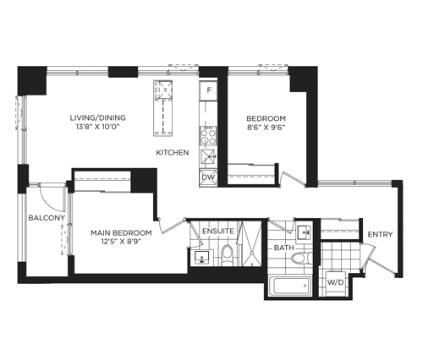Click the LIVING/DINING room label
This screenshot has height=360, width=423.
(97, 117)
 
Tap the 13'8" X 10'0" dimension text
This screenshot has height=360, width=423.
(98, 127)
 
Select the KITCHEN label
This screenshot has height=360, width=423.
(173, 152)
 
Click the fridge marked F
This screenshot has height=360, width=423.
(208, 90)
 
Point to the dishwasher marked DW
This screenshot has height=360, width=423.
(208, 177)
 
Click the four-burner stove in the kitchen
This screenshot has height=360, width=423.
(208, 135)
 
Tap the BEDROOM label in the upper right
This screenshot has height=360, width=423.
(266, 118)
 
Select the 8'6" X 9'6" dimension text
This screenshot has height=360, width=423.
(266, 128)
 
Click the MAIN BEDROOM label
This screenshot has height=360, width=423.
(121, 233)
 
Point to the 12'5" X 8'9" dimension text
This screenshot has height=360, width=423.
(121, 242)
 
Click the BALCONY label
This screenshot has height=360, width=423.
(47, 218)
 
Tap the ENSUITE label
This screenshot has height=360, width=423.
(218, 232)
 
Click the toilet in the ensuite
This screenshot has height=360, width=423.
(227, 255)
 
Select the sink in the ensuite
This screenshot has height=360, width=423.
(201, 257)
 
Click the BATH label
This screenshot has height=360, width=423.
(284, 248)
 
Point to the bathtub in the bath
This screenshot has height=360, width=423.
(289, 286)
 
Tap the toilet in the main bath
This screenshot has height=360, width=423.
(302, 258)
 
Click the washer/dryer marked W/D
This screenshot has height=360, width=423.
(336, 283)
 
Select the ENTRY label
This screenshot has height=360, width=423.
(380, 234)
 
